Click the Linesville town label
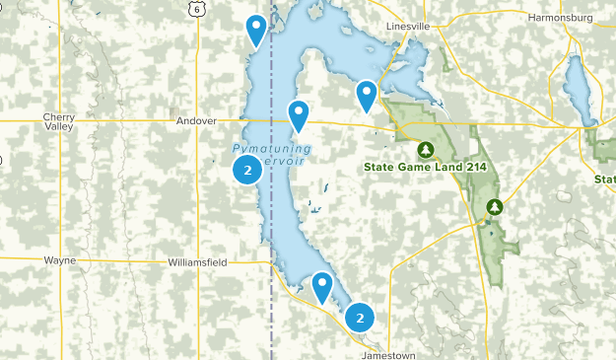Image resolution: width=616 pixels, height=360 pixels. click(410, 24)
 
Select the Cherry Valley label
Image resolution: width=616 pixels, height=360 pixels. click(58, 121)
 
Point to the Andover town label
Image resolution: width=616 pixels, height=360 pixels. click(195, 121)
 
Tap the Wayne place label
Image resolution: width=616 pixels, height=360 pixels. click(59, 260)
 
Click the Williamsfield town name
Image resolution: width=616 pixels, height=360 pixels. click(196, 263)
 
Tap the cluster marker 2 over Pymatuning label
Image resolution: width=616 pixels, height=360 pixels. click(246, 171)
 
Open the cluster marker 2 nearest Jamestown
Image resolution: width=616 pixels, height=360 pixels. click(360, 318)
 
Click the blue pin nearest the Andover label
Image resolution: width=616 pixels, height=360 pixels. click(298, 114)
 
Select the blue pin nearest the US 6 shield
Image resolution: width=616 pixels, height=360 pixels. click(256, 29)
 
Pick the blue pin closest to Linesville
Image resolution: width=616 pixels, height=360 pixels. click(367, 95)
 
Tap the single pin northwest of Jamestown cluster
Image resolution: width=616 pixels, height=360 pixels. click(322, 286)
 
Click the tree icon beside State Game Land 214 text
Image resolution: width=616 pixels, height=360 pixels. click(426, 150)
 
